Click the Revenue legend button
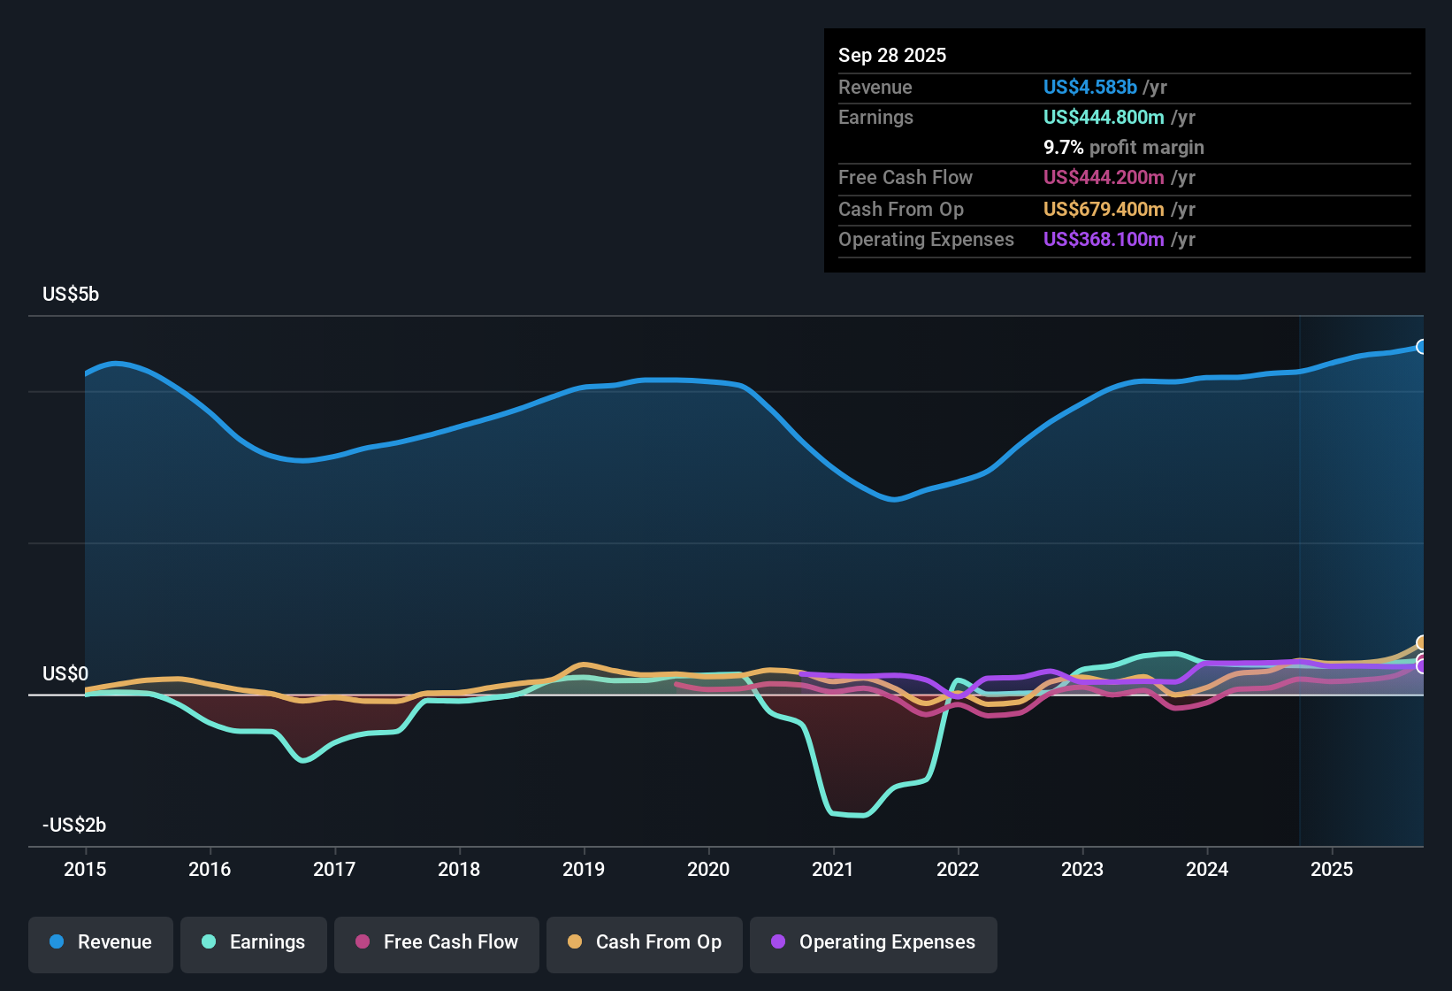point(101,942)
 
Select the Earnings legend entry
point(254,942)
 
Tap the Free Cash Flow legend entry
point(437,942)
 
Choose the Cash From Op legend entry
point(645,942)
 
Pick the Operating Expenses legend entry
point(874,942)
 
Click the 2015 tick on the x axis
point(85,869)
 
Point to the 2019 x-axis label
point(584,869)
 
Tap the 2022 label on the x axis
point(958,869)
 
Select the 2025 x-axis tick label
point(1332,869)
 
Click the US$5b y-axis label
point(71,295)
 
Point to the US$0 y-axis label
point(65,674)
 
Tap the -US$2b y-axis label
point(74,826)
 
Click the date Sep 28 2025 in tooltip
point(892,56)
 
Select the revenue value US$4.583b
point(1089,88)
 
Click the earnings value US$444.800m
point(1104,118)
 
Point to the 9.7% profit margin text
point(1124,148)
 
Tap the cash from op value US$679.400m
point(1104,210)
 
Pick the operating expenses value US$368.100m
point(1104,240)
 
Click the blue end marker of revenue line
point(1421,347)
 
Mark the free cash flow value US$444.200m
point(1104,178)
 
